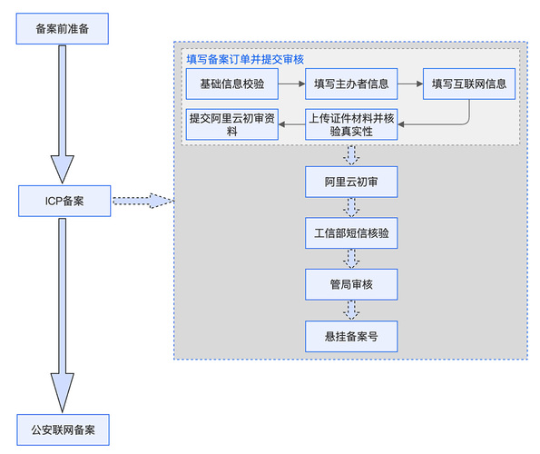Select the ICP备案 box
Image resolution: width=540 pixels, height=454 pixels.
coord(63,201)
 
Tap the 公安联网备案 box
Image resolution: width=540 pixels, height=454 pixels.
coord(63,428)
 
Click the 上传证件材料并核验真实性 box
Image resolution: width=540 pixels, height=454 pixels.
coord(350,124)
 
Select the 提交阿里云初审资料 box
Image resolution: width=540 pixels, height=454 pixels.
coord(231,124)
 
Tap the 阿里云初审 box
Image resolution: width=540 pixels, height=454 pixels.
coord(350,183)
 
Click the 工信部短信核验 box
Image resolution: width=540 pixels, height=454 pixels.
coord(350,233)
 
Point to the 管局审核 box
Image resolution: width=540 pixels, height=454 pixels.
coord(350,285)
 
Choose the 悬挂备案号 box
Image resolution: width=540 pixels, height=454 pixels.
coord(350,336)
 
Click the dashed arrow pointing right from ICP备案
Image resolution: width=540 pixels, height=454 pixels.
coord(141,201)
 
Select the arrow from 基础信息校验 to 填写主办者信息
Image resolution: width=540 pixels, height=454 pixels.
coord(290,84)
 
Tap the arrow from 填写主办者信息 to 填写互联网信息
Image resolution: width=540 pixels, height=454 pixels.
coord(409,84)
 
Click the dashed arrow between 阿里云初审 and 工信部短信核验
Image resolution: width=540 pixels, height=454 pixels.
coord(350,208)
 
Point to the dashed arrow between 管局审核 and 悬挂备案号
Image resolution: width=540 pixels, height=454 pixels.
coord(350,311)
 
